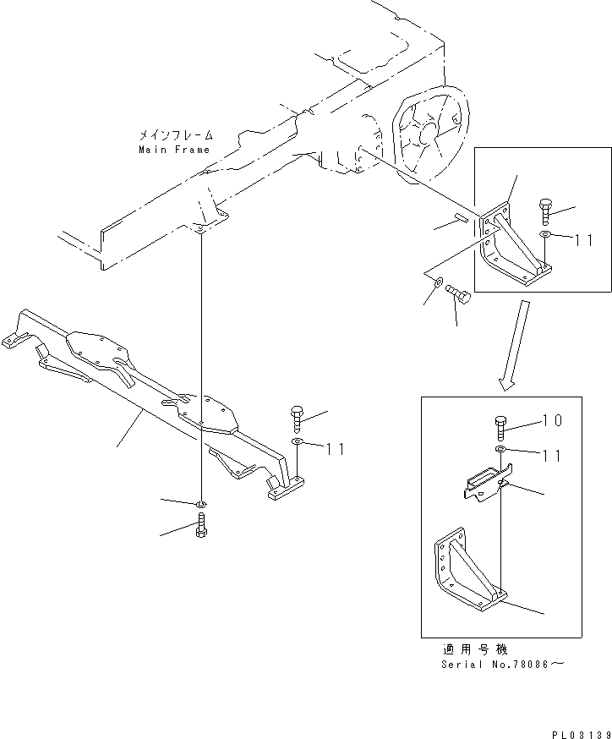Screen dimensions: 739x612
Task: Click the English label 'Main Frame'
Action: click(173, 150)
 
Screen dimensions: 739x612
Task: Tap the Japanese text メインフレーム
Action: click(176, 135)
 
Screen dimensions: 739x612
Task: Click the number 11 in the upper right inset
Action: click(584, 239)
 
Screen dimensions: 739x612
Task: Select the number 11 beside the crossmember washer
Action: click(336, 448)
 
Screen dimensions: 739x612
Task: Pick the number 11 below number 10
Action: click(551, 456)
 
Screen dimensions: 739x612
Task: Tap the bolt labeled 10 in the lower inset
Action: click(499, 427)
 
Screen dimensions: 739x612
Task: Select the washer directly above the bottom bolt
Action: click(200, 506)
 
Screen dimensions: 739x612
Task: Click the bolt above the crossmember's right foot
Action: click(296, 418)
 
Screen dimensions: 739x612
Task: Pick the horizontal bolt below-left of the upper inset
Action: click(459, 293)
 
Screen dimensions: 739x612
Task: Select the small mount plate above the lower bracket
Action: click(484, 484)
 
